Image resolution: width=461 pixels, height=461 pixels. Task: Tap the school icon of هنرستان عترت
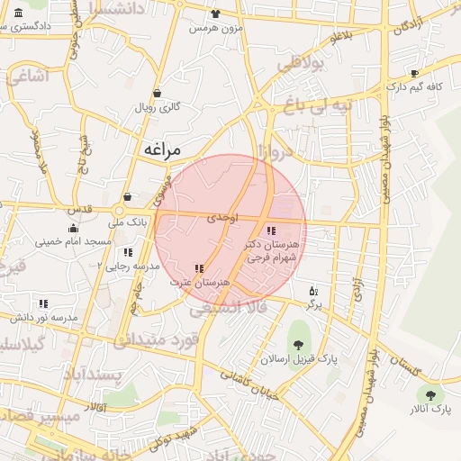[x=199, y=268]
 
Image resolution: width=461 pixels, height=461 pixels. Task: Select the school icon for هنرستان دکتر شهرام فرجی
[x=271, y=231]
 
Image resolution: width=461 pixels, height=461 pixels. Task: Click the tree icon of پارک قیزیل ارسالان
[x=298, y=344]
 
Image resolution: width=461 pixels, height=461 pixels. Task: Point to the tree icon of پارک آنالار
[x=429, y=394]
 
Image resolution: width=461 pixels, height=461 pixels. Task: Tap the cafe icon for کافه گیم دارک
[x=414, y=74]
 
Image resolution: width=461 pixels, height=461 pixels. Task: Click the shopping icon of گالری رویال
[x=158, y=93]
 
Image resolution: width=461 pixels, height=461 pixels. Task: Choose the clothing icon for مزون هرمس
[x=214, y=14]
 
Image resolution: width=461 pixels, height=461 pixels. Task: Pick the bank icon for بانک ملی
[x=127, y=197]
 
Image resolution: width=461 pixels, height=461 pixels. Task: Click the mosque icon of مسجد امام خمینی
[x=72, y=229]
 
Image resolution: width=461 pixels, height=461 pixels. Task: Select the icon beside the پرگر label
[x=312, y=291]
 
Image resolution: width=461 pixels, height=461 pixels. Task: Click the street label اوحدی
[x=221, y=218]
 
